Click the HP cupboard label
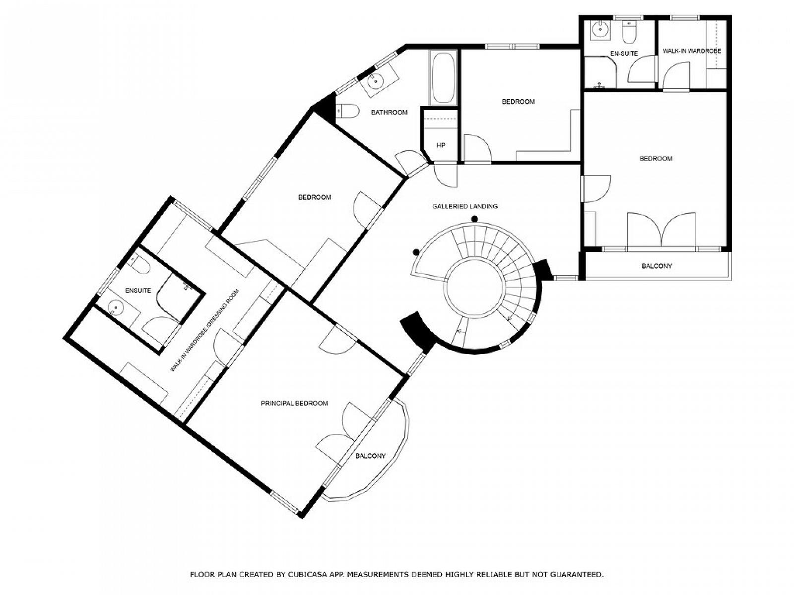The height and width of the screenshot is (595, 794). point(441,146)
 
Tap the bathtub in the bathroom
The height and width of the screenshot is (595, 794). point(443,78)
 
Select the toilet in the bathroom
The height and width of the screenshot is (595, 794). point(348,111)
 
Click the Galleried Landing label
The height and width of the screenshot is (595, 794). point(464,206)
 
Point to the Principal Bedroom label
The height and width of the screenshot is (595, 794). point(294,403)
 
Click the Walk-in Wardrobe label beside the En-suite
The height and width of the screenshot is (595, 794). point(692,51)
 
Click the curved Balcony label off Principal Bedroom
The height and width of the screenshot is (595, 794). point(370,456)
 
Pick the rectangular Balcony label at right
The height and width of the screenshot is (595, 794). point(657,266)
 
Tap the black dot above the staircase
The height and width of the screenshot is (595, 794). point(474,219)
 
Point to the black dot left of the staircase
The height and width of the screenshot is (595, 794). point(416,252)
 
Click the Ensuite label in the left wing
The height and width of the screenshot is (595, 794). point(138,291)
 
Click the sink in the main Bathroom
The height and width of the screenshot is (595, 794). point(377,81)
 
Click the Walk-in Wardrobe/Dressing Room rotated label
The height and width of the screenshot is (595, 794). point(205,330)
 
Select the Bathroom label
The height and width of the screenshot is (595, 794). point(389,113)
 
